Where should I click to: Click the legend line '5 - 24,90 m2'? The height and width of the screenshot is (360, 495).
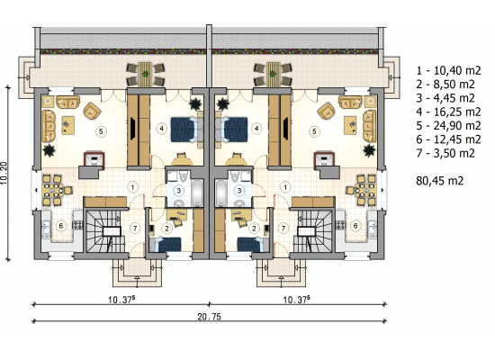[448, 126]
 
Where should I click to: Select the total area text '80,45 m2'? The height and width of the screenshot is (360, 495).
[440, 181]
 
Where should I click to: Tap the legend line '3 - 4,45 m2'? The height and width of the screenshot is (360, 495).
[445, 98]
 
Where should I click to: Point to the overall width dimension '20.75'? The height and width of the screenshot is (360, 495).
[210, 317]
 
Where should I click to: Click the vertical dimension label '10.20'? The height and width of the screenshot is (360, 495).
[4, 173]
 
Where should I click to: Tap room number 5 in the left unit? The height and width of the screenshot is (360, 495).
[101, 131]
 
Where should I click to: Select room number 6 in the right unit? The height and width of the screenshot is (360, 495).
[355, 226]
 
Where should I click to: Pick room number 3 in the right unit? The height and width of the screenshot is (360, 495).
[239, 191]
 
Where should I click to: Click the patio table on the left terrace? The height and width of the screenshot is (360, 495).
[145, 74]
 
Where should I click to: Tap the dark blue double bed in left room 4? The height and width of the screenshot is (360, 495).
[183, 130]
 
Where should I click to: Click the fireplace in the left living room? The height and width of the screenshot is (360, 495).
[94, 159]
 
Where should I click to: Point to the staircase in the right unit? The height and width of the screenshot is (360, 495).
[313, 230]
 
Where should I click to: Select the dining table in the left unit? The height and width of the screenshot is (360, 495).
[53, 191]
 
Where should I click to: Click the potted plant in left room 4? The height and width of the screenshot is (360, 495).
[195, 103]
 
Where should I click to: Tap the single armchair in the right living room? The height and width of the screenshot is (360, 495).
[327, 111]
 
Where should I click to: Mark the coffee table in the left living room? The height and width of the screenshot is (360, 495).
[68, 125]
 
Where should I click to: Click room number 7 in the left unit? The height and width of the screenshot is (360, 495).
[135, 228]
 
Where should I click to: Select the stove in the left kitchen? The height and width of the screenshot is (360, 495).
[77, 225]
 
